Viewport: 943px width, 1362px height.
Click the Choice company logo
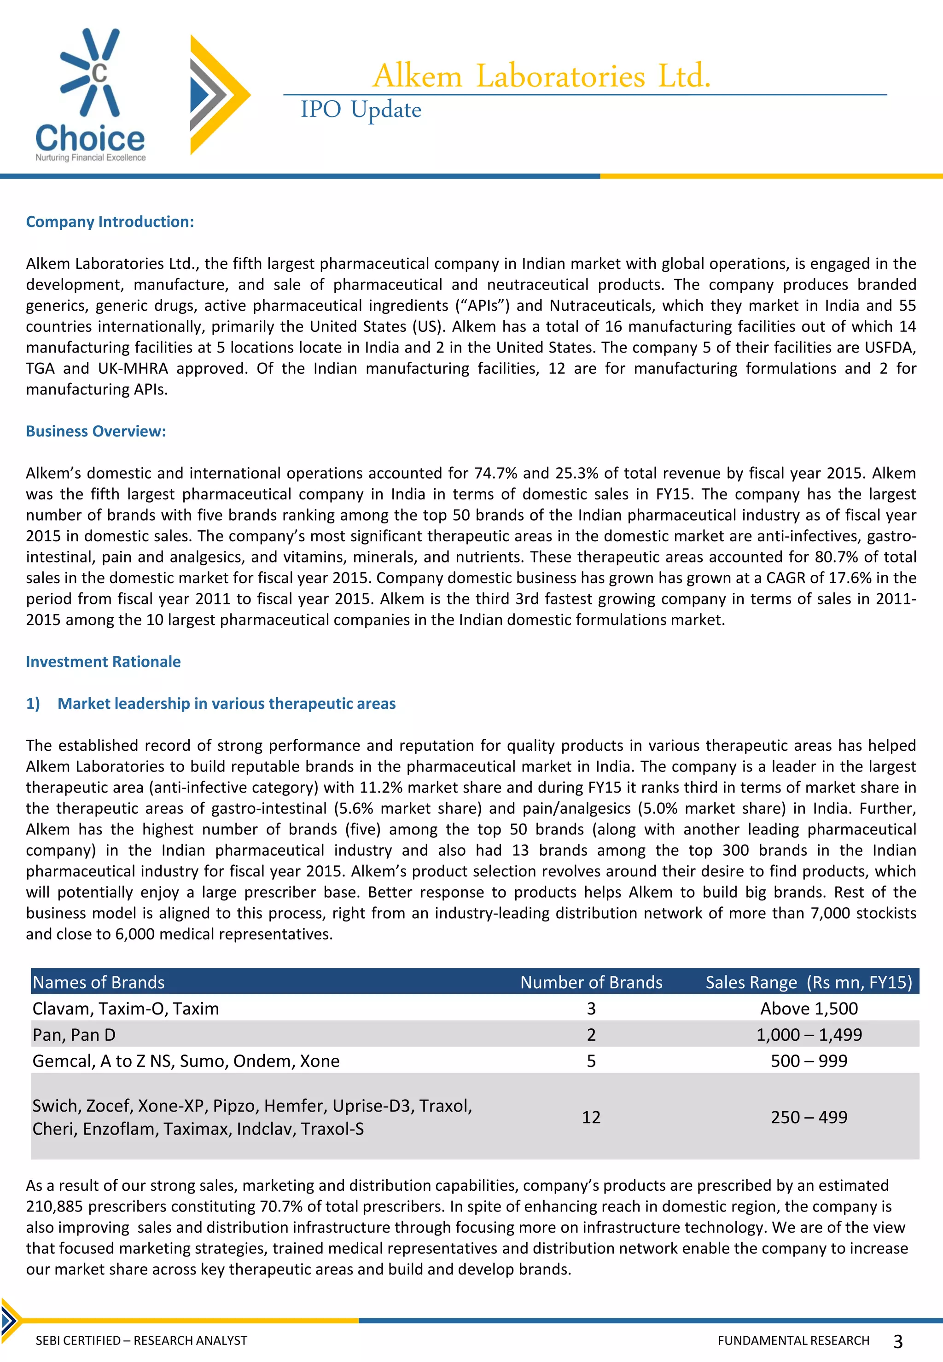(90, 94)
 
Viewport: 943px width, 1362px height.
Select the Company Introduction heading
(110, 221)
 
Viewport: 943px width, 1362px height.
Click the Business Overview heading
(96, 431)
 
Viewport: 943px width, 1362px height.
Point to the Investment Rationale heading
(103, 661)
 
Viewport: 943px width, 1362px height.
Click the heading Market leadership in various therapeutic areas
(226, 703)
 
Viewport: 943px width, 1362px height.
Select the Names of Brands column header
(99, 982)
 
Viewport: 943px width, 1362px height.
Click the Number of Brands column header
(591, 982)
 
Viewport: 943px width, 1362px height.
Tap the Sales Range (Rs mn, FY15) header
(808, 982)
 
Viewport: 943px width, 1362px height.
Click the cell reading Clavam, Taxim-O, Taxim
(126, 1009)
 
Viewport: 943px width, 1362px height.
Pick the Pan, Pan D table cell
(74, 1035)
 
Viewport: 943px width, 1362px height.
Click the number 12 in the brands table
(591, 1117)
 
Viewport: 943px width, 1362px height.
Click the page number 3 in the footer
(897, 1342)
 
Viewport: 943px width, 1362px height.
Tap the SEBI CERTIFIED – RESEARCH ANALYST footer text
(141, 1341)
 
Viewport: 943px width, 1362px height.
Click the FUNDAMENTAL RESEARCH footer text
(793, 1341)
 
